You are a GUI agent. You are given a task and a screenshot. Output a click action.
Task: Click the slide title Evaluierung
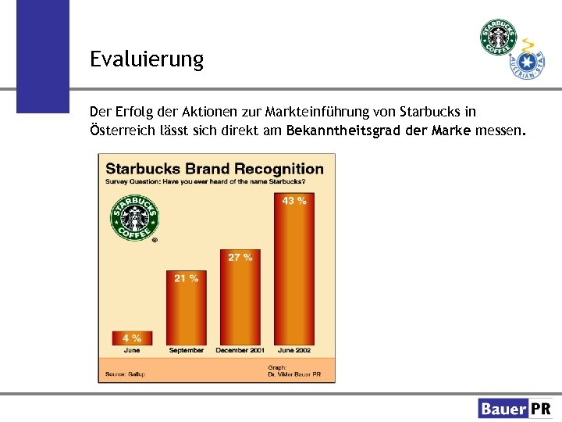[x=146, y=59]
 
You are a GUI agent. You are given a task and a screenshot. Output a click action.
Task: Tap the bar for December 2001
[x=240, y=301]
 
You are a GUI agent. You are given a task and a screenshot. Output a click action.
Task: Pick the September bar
[x=186, y=309]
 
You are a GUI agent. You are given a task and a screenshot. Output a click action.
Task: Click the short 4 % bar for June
[x=132, y=338]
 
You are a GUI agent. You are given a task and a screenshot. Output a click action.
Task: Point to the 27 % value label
[x=240, y=257]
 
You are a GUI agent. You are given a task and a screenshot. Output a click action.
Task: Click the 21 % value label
[x=186, y=278]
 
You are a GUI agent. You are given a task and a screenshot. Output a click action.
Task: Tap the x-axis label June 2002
[x=294, y=351]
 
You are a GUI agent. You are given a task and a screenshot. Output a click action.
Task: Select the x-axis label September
[x=186, y=351]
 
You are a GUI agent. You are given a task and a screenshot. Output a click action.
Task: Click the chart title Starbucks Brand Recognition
[x=214, y=169]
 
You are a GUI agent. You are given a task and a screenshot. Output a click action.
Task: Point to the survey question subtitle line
[x=205, y=181]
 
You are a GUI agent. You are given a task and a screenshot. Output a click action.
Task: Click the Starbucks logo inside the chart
[x=134, y=216]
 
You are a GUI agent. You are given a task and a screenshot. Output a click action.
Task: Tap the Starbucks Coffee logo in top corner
[x=498, y=38]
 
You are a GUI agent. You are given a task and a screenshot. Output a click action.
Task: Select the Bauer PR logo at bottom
[x=514, y=408]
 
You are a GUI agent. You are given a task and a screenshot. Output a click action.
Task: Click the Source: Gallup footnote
[x=126, y=374]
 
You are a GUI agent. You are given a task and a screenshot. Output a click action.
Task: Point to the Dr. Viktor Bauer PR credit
[x=300, y=374]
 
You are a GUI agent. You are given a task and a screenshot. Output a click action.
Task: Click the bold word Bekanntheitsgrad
[x=345, y=131]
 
